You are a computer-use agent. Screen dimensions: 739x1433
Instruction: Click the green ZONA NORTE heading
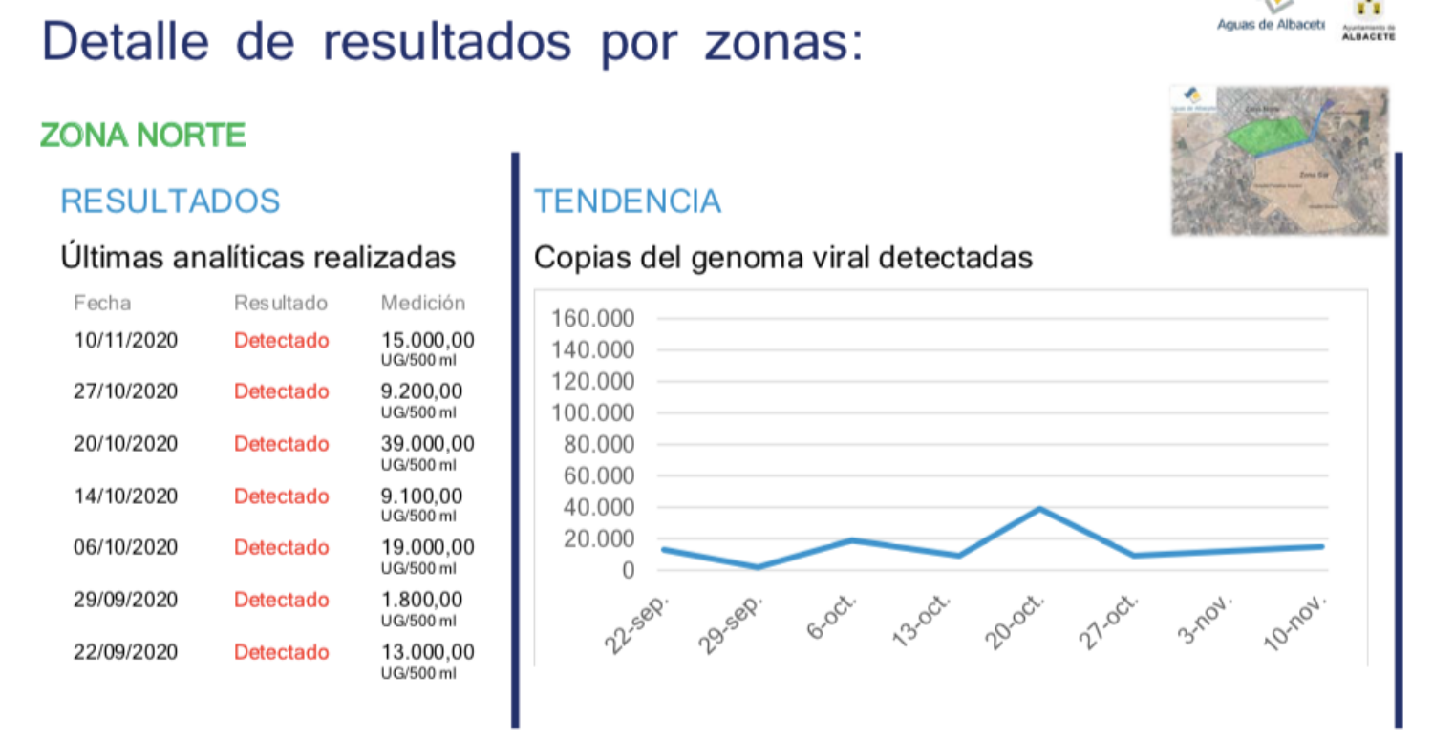[x=143, y=136]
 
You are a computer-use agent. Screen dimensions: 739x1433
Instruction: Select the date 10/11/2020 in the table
[x=125, y=340]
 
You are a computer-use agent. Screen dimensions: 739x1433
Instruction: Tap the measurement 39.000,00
[x=427, y=444]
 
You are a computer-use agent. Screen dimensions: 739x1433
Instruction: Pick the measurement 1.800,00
[x=421, y=600]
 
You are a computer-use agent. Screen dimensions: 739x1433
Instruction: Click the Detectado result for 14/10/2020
[x=281, y=496]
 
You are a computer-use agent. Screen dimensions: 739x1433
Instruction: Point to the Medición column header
[x=422, y=303]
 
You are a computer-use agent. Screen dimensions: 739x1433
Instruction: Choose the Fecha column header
[x=102, y=303]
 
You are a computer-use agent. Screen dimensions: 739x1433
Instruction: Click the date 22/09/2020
[x=125, y=652]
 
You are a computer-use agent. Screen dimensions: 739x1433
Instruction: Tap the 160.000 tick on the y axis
[x=593, y=318]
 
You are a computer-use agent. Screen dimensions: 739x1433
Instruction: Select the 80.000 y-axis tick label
[x=598, y=445]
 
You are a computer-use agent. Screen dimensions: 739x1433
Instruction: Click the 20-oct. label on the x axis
[x=1018, y=622]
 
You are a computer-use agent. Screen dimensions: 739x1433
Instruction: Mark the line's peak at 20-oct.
[x=1040, y=508]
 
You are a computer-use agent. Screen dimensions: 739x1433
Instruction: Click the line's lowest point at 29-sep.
[x=758, y=567]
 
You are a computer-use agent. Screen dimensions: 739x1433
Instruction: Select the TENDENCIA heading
[x=627, y=201]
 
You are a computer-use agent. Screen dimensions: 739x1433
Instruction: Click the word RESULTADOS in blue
[x=170, y=201]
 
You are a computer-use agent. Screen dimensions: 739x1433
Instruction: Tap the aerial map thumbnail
[x=1279, y=160]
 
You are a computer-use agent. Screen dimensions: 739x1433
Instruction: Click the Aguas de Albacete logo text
[x=1270, y=25]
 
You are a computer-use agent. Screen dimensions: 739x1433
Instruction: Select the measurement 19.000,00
[x=427, y=548]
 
